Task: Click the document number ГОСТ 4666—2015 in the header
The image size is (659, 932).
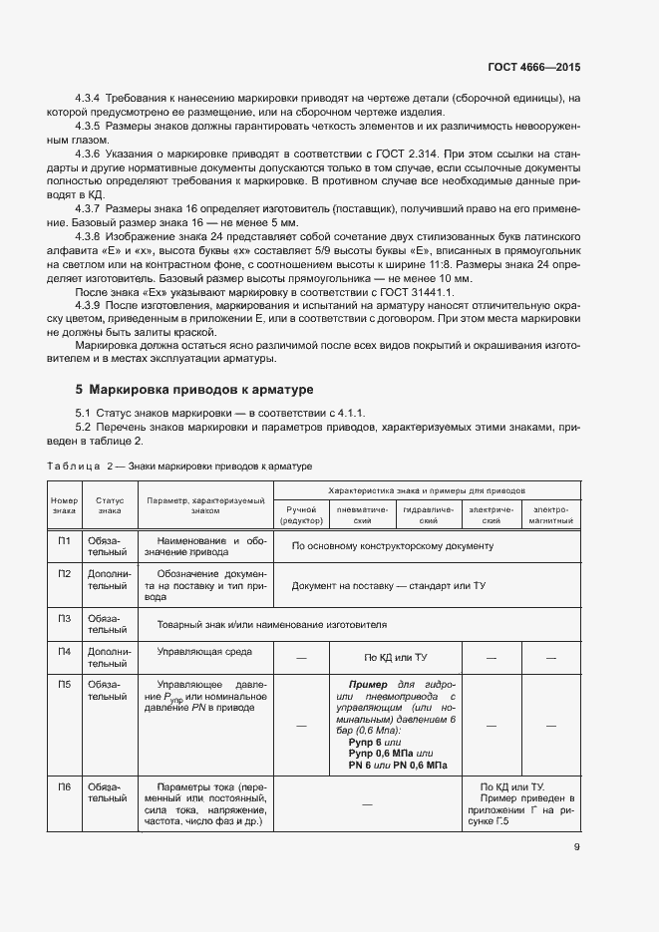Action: coord(533,68)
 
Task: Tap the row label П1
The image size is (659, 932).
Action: coord(64,541)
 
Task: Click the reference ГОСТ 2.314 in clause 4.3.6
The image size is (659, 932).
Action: coord(403,155)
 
